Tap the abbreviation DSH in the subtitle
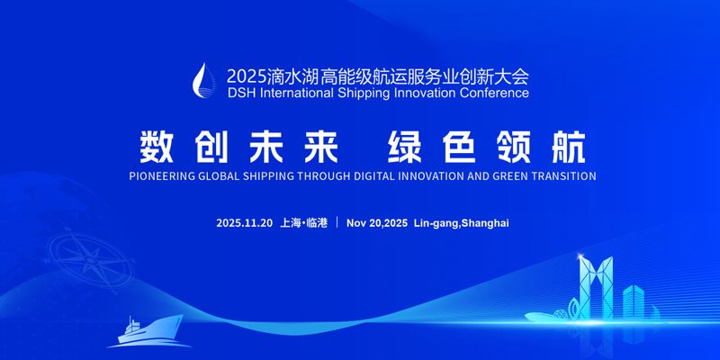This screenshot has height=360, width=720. [242, 92]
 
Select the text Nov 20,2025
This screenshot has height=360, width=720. [376, 222]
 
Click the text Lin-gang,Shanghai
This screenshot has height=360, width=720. [461, 222]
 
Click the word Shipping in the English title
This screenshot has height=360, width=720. [348, 92]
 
